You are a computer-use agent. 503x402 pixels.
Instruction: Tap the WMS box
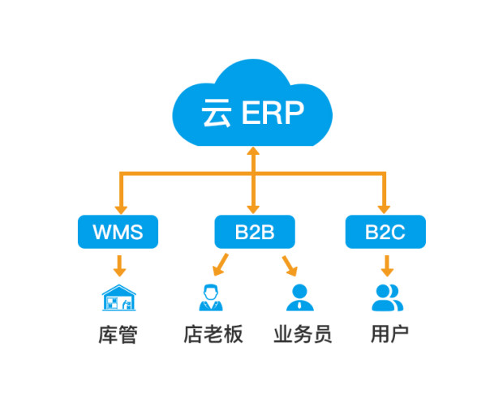click(118, 233)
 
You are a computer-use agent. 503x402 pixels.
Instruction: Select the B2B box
click(255, 233)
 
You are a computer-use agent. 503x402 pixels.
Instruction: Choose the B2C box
click(385, 233)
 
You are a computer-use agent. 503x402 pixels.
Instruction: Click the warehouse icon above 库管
click(119, 297)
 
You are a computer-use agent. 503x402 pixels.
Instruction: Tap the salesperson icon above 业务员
click(298, 297)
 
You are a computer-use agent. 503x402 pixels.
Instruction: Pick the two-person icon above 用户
click(387, 297)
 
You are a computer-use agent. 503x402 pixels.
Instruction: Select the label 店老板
click(213, 334)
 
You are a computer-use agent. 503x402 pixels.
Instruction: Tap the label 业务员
click(302, 334)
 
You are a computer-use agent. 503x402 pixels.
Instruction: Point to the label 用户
click(389, 334)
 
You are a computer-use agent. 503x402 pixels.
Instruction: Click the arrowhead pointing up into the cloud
click(253, 152)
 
